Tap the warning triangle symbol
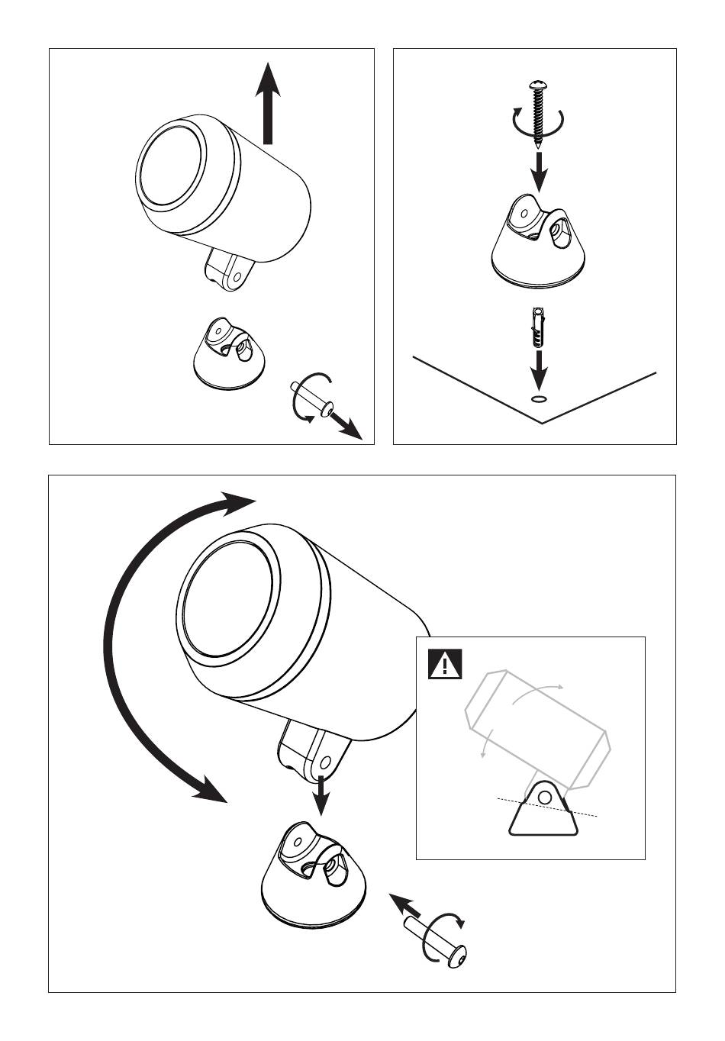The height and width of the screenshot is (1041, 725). point(445,664)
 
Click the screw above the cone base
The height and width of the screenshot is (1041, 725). point(540,111)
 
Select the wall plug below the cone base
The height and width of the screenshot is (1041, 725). point(540,324)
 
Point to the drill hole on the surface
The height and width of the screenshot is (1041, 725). point(539,398)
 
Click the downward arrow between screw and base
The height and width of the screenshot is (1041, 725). point(540,172)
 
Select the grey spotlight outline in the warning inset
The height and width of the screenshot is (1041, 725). point(538,729)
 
